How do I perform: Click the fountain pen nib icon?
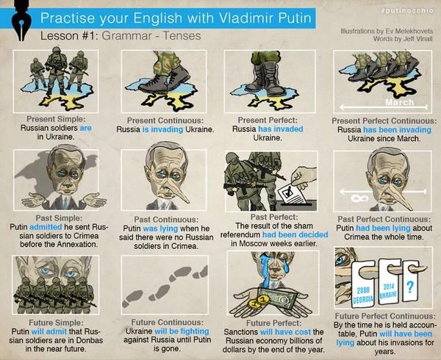(x=21, y=21)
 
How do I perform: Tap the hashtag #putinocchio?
(x=407, y=11)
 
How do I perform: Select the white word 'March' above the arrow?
(x=399, y=102)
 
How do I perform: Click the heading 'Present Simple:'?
(x=56, y=119)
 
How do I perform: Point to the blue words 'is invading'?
(x=163, y=129)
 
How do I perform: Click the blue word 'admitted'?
(x=46, y=227)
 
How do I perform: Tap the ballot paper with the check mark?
(x=292, y=195)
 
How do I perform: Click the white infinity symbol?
(x=359, y=198)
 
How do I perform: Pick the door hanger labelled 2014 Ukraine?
(x=390, y=282)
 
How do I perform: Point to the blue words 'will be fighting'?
(x=182, y=331)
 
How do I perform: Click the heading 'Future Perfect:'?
(x=273, y=323)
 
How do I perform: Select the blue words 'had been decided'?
(x=295, y=234)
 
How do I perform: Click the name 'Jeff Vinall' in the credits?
(x=417, y=39)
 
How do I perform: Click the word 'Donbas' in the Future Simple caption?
(x=90, y=340)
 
